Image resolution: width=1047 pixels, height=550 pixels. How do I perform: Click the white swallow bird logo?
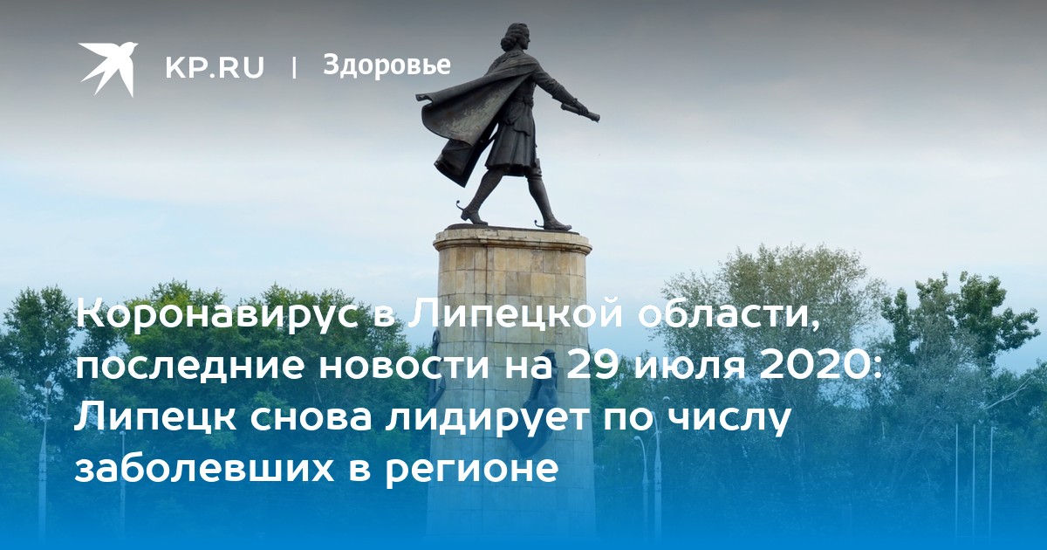pyautogui.click(x=108, y=68)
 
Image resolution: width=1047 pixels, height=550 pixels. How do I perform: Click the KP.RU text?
pyautogui.click(x=215, y=67)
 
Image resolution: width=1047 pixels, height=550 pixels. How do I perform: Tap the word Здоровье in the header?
pyautogui.click(x=387, y=65)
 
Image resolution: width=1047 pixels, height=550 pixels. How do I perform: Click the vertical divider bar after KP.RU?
pyautogui.click(x=294, y=67)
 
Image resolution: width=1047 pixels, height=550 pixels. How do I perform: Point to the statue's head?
pyautogui.click(x=517, y=38)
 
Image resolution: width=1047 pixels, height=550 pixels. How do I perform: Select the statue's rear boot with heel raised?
pyautogui.click(x=472, y=215)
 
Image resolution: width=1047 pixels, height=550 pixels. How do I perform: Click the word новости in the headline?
pyautogui.click(x=403, y=368)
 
